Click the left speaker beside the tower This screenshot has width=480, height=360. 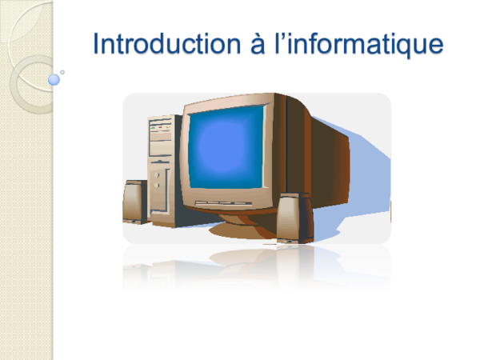pos(133,202)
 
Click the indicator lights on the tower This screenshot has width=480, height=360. pos(161,126)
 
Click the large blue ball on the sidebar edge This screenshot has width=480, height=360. pos(54,79)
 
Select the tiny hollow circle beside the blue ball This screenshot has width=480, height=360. pos(63,71)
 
